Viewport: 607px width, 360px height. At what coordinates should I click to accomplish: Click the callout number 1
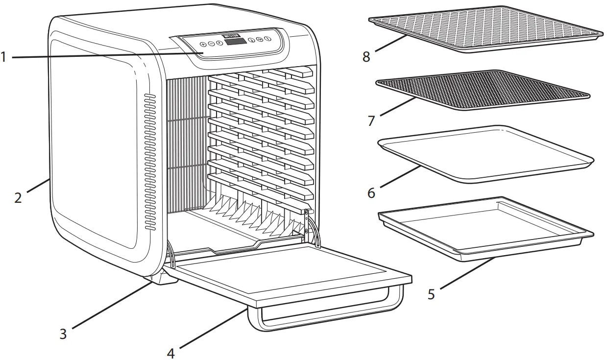coord(4,57)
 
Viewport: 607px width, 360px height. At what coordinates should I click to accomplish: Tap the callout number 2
coord(18,198)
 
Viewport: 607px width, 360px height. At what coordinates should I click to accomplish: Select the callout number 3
coord(63,334)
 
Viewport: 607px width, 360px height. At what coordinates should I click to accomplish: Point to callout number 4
coord(170,352)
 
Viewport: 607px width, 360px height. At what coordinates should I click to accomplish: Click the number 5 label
coord(431,295)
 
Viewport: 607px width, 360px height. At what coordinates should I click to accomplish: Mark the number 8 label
coord(366,56)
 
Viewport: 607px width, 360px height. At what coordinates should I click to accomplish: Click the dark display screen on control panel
coord(236,43)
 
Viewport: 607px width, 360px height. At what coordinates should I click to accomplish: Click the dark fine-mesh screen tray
coord(483,89)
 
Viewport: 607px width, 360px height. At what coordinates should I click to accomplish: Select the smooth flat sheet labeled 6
coord(485,153)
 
